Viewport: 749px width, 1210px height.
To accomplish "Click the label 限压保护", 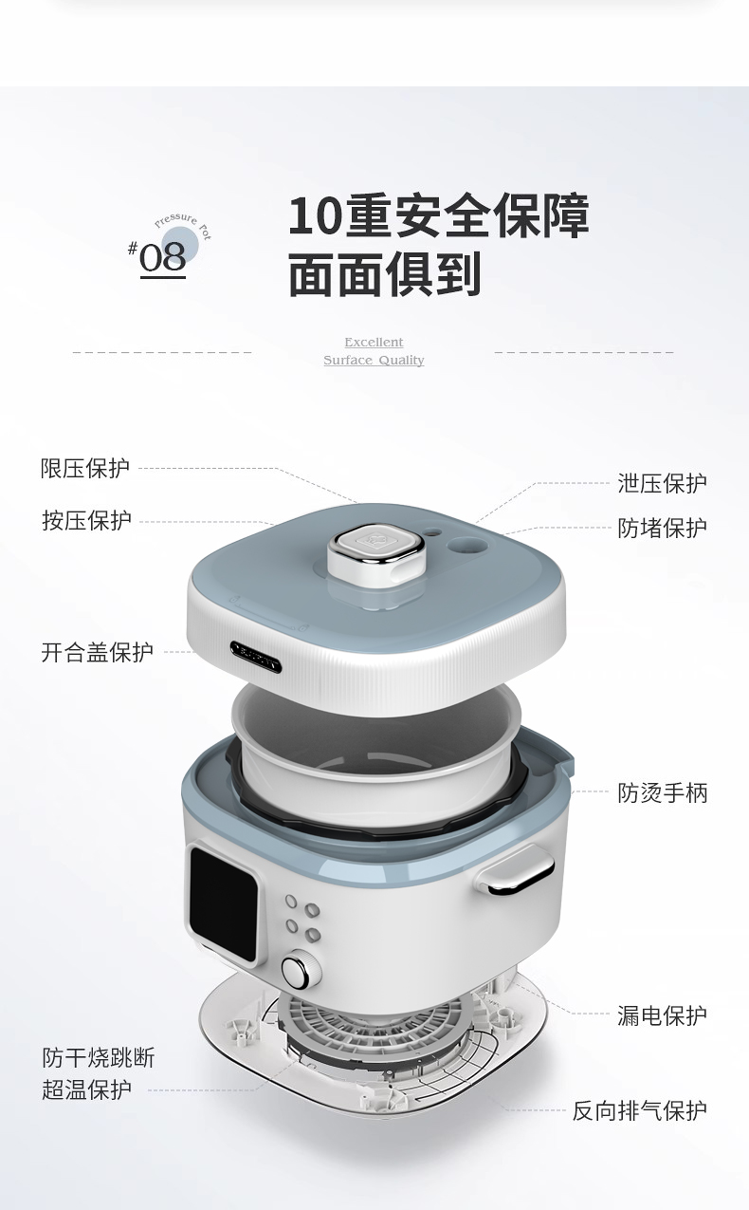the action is click(85, 468).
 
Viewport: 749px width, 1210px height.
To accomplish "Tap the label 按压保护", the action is click(87, 521).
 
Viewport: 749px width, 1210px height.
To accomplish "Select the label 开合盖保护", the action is click(97, 652).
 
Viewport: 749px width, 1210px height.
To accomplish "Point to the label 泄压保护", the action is click(662, 483).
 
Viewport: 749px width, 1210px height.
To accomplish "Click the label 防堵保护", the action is click(662, 528).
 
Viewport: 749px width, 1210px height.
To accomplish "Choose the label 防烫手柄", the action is click(662, 793).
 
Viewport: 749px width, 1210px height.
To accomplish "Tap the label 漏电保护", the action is click(662, 1015).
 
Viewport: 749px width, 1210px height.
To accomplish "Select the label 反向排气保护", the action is click(639, 1110).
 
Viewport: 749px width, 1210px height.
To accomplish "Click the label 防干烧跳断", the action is click(99, 1057).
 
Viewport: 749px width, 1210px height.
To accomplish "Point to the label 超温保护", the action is click(87, 1089).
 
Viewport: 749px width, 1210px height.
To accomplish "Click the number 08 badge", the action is click(162, 257).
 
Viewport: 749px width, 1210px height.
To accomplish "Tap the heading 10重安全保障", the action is click(438, 216).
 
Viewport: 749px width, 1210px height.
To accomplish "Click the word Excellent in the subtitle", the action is click(374, 342).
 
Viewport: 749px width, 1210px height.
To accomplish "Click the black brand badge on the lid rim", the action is click(256, 657).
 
